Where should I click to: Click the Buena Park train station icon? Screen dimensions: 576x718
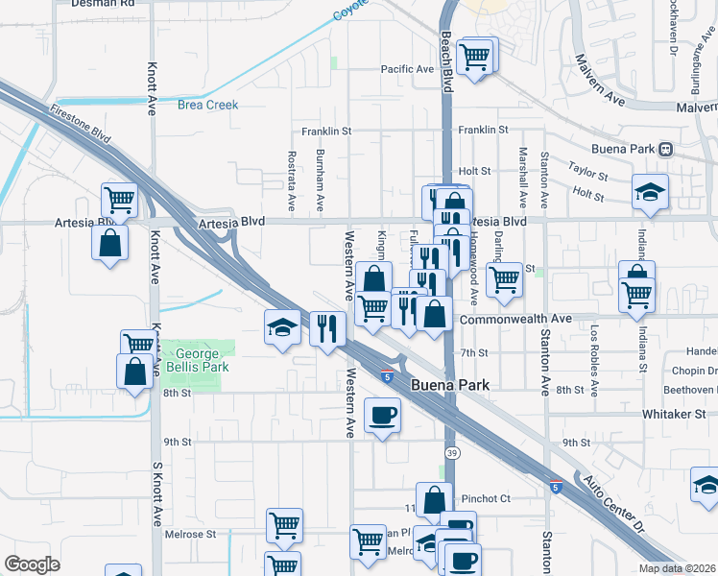pos(665,150)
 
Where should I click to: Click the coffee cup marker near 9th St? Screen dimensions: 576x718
pos(383,415)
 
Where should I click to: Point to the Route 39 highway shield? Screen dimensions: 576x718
pos(450,451)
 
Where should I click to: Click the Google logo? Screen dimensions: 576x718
pos(32,564)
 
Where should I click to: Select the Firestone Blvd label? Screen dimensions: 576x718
pos(82,125)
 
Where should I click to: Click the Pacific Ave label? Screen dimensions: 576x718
pos(407,69)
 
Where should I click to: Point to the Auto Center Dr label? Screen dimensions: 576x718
pos(610,500)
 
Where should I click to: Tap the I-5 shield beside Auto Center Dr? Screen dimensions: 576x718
pos(556,488)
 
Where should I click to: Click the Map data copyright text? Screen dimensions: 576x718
pos(678,568)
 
